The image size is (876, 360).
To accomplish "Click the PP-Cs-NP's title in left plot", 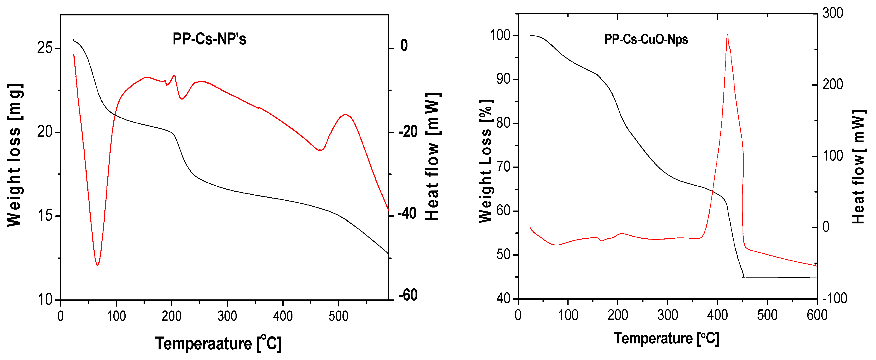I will (209, 39).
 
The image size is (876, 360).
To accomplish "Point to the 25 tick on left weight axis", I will (45, 48).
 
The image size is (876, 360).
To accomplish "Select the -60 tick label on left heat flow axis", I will (408, 295).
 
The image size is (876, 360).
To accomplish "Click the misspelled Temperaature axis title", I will (218, 343).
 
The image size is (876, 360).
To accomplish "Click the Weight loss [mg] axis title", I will (15, 155).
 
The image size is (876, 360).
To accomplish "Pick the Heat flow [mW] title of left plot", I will (433, 156).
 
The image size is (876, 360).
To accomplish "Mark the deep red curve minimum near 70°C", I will (97, 265).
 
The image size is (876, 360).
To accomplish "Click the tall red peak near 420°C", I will (727, 35).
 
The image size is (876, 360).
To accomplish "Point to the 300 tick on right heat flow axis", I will (832, 13).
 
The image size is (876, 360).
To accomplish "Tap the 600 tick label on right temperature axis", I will (817, 315).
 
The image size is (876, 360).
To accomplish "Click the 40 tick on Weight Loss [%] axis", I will (503, 299).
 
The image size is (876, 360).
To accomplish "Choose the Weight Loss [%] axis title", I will (486, 161).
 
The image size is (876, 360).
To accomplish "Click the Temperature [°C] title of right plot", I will (666, 338).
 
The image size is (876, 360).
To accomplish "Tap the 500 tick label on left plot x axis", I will (338, 316).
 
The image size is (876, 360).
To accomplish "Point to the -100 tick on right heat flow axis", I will (835, 298).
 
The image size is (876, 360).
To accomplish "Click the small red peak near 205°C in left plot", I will (174, 76).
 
